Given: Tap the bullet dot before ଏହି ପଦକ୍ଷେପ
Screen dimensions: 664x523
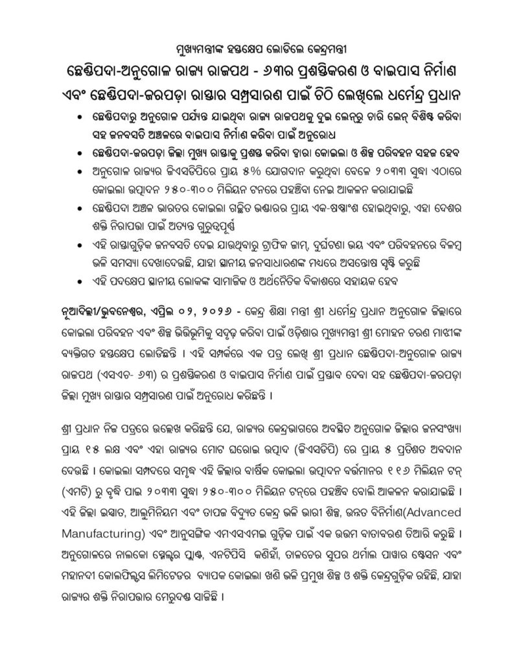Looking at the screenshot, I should click(x=79, y=281).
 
